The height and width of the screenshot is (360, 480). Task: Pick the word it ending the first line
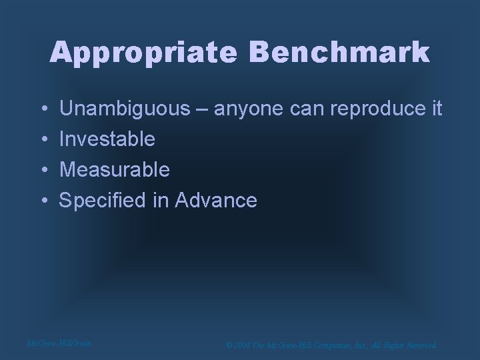[436, 108]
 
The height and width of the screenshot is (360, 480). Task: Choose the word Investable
[107, 139]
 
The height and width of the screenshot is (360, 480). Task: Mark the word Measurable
[115, 169]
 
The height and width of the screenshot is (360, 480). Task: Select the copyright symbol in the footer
[229, 345]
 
